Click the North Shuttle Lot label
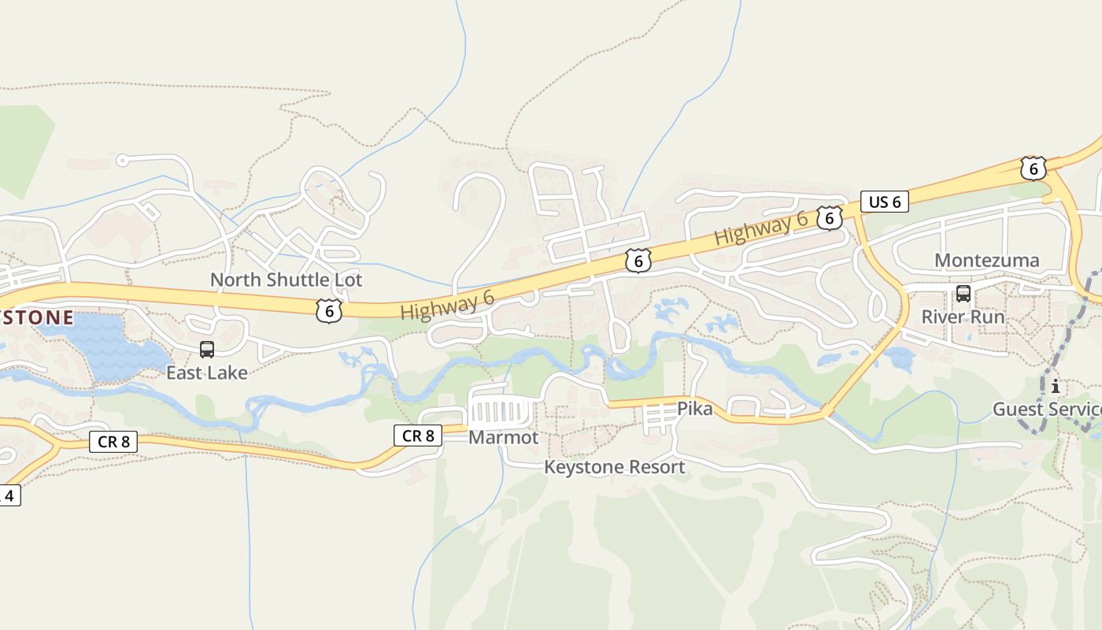(x=286, y=280)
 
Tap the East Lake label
(x=206, y=372)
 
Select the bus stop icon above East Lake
(x=207, y=349)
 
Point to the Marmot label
(x=503, y=437)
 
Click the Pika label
(x=694, y=409)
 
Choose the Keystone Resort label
(x=614, y=467)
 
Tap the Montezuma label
(x=986, y=260)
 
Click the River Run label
(x=963, y=317)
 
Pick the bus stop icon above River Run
(x=963, y=294)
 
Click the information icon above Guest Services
(x=1055, y=387)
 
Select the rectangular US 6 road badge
(x=884, y=202)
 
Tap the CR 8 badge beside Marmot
(x=418, y=435)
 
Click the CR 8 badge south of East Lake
(x=113, y=442)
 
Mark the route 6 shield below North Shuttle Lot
(x=329, y=311)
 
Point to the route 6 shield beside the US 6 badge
(x=829, y=218)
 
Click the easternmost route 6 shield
(x=1033, y=168)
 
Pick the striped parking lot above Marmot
(x=501, y=411)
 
